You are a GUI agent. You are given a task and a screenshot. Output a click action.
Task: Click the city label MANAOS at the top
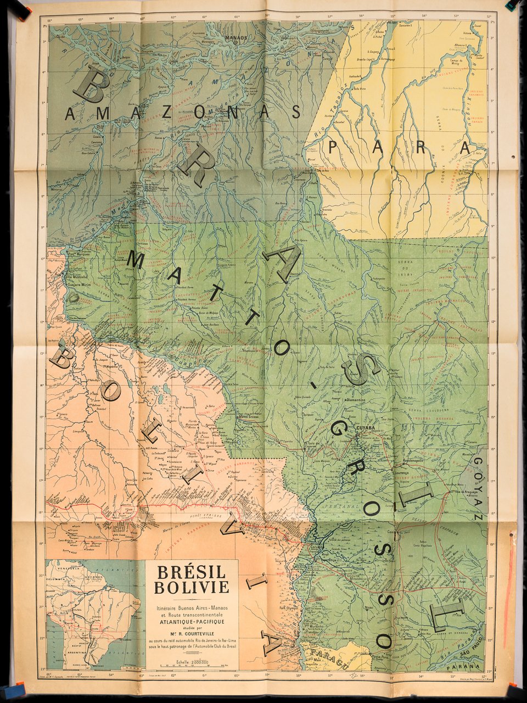[235, 38]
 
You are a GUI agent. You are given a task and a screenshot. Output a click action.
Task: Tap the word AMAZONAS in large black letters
[183, 113]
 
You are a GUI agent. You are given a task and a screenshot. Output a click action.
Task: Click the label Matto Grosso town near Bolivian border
[252, 417]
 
